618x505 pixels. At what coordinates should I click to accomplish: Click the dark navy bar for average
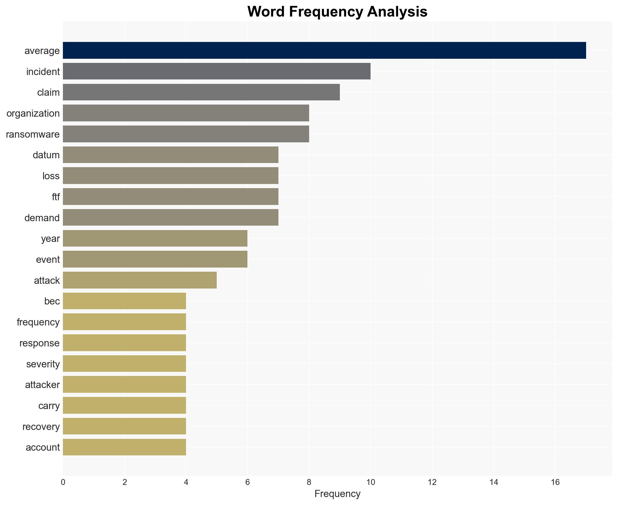[324, 50]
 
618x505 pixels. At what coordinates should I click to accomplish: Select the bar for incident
[216, 71]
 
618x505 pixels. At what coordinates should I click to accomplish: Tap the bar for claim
[201, 92]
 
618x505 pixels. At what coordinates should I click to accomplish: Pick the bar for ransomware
[186, 134]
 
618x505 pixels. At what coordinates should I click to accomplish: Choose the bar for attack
[140, 280]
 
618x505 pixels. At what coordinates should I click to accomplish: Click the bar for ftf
[170, 197]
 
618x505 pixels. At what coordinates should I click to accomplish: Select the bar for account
[124, 447]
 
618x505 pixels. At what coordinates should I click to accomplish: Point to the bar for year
[155, 238]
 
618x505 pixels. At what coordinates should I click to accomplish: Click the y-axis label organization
[33, 113]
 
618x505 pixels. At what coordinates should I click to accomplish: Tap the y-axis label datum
[46, 155]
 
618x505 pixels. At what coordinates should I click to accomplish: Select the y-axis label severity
[43, 364]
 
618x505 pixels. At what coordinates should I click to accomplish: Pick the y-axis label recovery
[41, 426]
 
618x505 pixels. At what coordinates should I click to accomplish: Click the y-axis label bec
[52, 301]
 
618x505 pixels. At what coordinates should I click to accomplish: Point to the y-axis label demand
[42, 218]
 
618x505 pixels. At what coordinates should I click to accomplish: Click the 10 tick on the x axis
[371, 482]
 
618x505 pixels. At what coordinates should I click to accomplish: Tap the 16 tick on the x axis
[555, 482]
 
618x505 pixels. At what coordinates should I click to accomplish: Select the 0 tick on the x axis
[63, 482]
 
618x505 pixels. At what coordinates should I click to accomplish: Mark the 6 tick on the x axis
[247, 482]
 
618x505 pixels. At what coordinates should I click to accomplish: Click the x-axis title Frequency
[337, 494]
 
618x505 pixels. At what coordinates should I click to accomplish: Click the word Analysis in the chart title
[397, 12]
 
